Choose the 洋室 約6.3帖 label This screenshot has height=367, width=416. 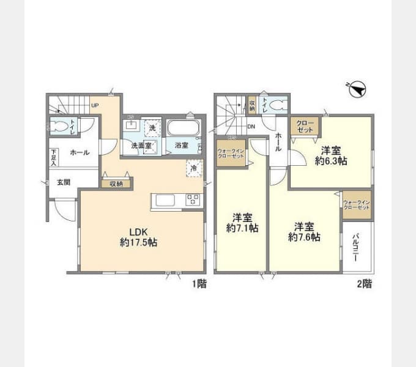pyautogui.click(x=331, y=156)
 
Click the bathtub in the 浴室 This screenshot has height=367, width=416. pyautogui.click(x=184, y=130)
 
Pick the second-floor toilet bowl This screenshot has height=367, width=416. pyautogui.click(x=277, y=105)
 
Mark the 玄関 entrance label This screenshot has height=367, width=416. pyautogui.click(x=64, y=182)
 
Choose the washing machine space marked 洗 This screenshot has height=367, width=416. pyautogui.click(x=152, y=128)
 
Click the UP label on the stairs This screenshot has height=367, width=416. pyautogui.click(x=95, y=105)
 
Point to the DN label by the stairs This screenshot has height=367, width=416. pyautogui.click(x=251, y=127)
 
